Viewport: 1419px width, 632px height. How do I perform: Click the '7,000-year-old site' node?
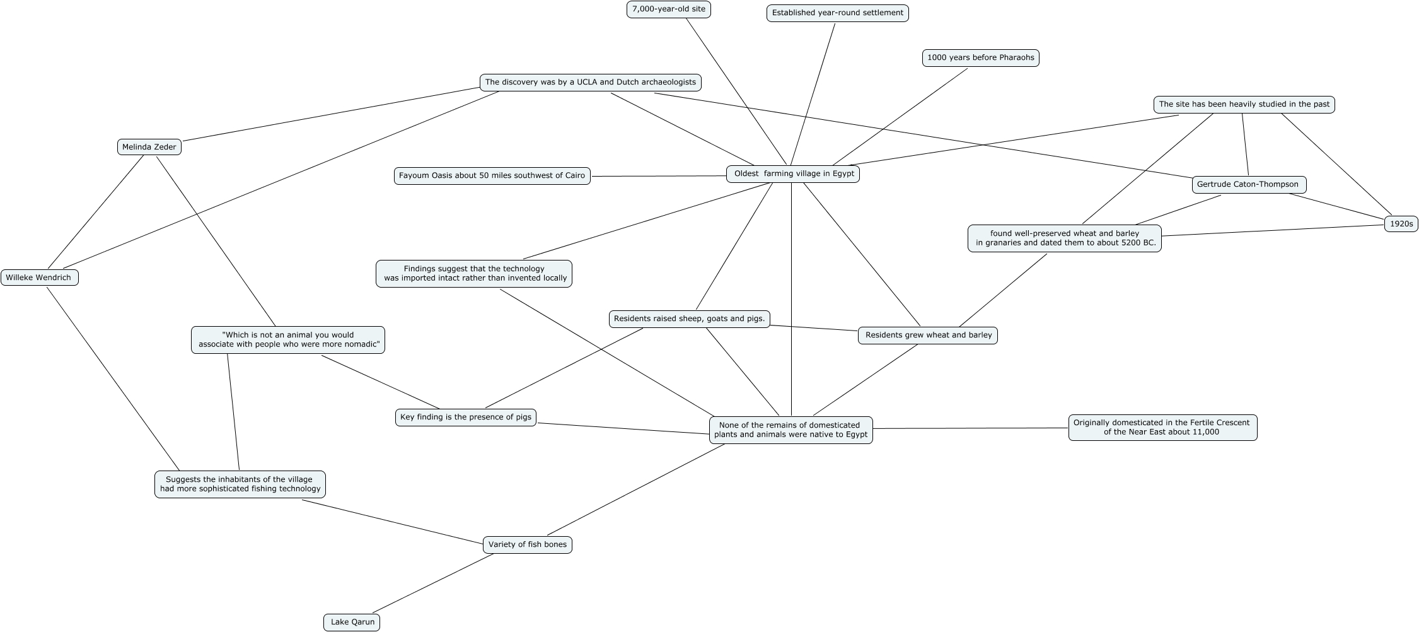[668, 9]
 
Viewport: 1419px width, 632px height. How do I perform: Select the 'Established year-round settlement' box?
[837, 13]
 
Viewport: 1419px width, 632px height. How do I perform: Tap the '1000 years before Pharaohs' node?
[980, 58]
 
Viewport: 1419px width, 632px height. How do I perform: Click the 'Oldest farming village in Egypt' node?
[793, 174]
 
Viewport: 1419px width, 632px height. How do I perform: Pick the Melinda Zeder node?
[149, 147]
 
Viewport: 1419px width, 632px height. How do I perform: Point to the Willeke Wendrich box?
[39, 278]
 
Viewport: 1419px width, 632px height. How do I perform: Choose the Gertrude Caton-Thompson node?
[1248, 185]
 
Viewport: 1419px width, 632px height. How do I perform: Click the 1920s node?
[1401, 224]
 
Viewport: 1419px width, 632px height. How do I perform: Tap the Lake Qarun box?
[352, 623]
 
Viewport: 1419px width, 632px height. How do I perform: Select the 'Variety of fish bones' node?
[527, 545]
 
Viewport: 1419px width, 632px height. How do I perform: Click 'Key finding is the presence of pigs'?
[465, 418]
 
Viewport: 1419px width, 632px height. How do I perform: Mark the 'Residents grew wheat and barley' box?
[928, 336]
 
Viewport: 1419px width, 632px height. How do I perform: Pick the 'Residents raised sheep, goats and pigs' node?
[689, 319]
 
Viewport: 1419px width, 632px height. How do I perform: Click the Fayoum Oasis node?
[492, 176]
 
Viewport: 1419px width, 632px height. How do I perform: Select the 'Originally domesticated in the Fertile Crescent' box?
[1162, 428]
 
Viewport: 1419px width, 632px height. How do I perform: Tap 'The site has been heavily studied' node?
[1244, 105]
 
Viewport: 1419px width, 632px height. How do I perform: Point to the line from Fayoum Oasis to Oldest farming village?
[659, 176]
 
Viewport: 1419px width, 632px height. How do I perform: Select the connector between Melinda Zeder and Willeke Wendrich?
[96, 212]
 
